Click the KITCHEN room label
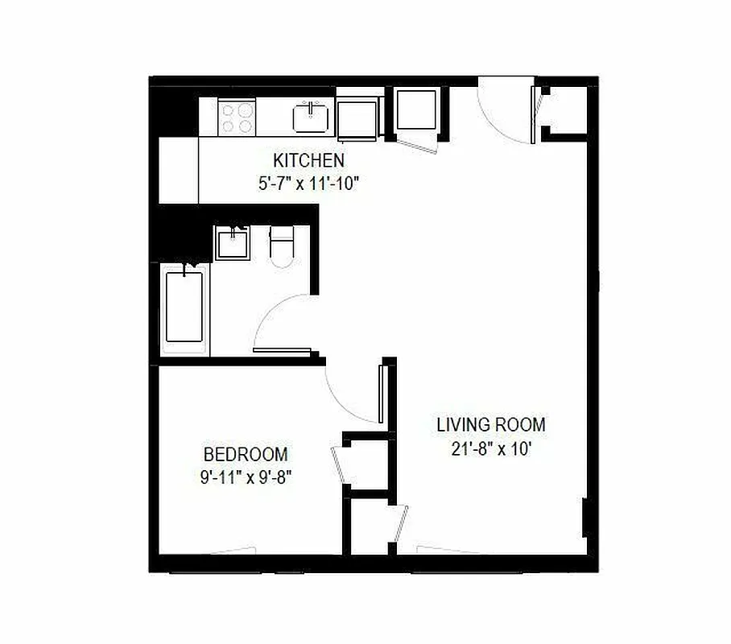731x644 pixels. pyautogui.click(x=308, y=159)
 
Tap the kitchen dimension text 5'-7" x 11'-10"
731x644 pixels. pyautogui.click(x=308, y=183)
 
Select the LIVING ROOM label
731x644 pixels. pyautogui.click(x=490, y=424)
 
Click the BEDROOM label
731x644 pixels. pyautogui.click(x=246, y=454)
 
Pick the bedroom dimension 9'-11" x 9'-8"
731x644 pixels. pyautogui.click(x=246, y=477)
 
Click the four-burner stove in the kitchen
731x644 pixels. pyautogui.click(x=237, y=117)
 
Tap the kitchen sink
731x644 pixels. pyautogui.click(x=311, y=118)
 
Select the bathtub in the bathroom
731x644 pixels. pyautogui.click(x=184, y=308)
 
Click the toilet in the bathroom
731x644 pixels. pyautogui.click(x=282, y=246)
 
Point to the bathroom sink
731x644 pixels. pyautogui.click(x=233, y=242)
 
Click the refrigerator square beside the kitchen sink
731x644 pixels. pyautogui.click(x=358, y=119)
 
